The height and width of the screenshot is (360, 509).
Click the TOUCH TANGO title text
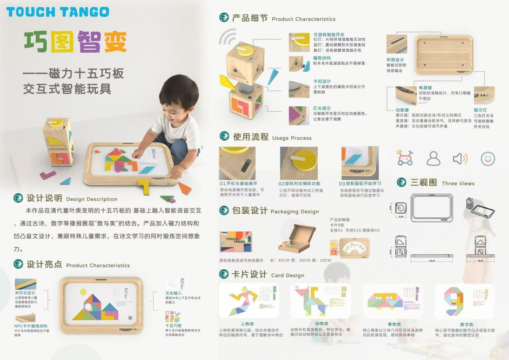pyautogui.click(x=58, y=12)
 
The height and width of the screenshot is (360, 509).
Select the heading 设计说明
pyautogui.click(x=44, y=198)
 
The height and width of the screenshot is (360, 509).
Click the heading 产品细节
pyautogui.click(x=250, y=18)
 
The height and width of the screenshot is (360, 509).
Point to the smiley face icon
pyautogui.click(x=488, y=158)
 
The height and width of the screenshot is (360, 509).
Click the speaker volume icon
pyautogui.click(x=460, y=159)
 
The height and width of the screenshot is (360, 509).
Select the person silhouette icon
pyautogui.click(x=433, y=159)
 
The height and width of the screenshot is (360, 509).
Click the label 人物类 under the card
pyautogui.click(x=248, y=324)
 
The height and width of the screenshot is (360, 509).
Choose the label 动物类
pyautogui.click(x=321, y=324)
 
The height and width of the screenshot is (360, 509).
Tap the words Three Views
pyautogui.click(x=458, y=183)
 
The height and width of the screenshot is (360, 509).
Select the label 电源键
pyautogui.click(x=425, y=88)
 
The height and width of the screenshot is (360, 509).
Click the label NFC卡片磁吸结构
pyautogui.click(x=30, y=326)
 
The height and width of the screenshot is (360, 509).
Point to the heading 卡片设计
pyautogui.click(x=249, y=274)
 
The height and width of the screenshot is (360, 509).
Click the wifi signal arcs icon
pyautogui.click(x=228, y=36)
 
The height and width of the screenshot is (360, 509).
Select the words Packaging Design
pyautogui.click(x=295, y=211)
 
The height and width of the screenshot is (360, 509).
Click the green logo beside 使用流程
pyautogui.click(x=225, y=137)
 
